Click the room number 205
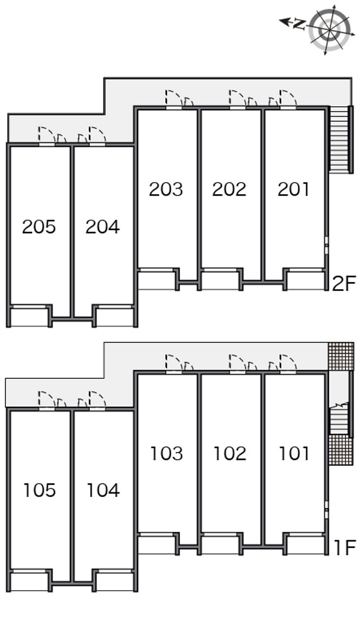39,227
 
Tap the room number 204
103,227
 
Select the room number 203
166,189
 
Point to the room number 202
229,189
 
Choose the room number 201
293,189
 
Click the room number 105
40,490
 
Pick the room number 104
103,490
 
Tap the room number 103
166,454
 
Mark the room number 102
230,454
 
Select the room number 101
294,454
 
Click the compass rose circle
330,30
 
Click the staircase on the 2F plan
339,140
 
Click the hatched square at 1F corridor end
341,356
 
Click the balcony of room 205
30,318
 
